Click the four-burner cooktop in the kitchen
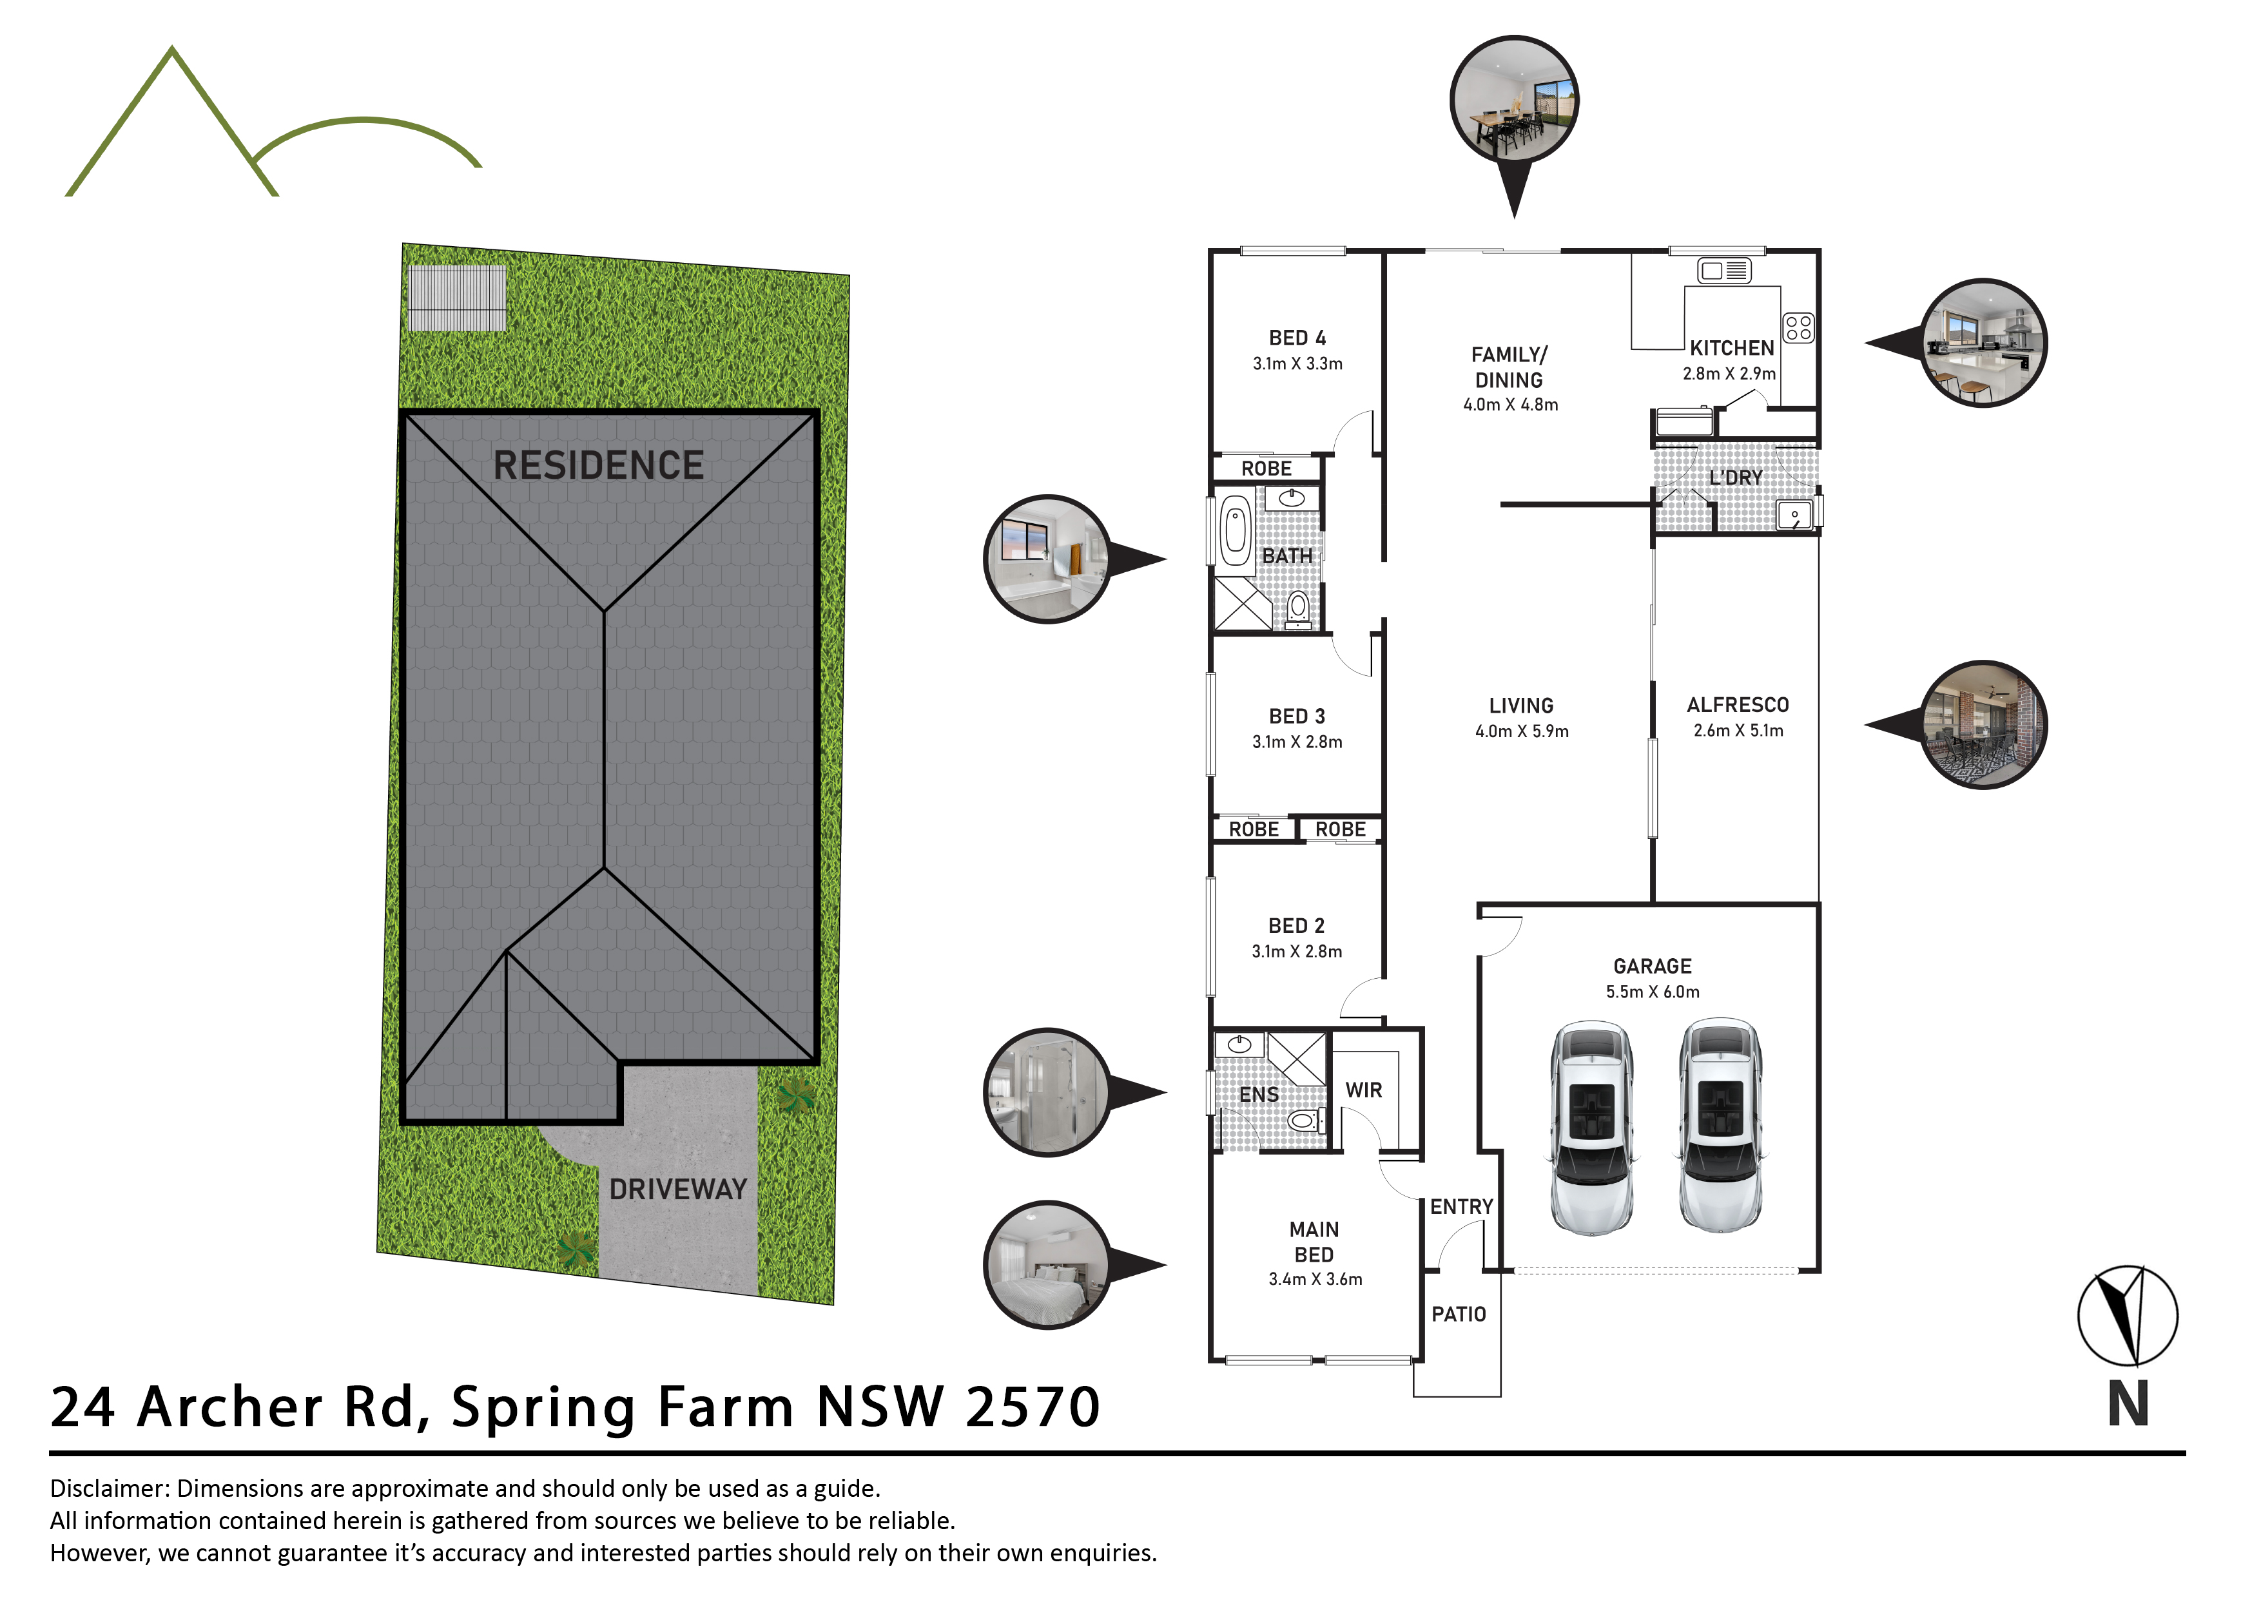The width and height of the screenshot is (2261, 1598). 1798,328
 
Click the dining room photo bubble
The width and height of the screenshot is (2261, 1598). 1515,101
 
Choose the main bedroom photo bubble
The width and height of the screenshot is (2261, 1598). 1048,1266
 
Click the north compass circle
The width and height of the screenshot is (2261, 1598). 2127,1315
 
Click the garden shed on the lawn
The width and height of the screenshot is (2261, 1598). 457,298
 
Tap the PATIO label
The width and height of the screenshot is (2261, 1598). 1459,1314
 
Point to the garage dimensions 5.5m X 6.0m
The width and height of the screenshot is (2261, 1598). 1653,992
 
